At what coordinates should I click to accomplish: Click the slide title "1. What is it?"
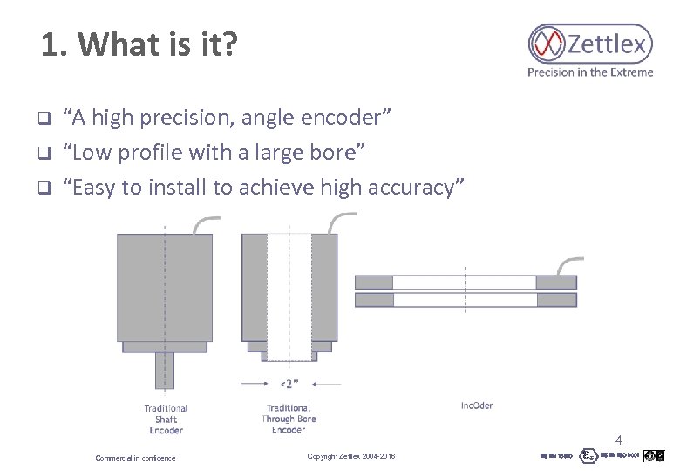click(x=139, y=45)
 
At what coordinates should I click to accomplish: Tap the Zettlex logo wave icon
click(x=547, y=44)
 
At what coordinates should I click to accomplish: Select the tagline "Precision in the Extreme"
click(x=589, y=72)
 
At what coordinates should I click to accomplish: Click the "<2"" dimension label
click(x=289, y=384)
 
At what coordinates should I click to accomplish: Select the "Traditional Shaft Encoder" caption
click(x=166, y=419)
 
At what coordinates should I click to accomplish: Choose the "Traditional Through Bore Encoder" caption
click(x=288, y=419)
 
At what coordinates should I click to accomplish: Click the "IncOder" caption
click(x=477, y=406)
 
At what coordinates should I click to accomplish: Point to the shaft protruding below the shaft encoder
click(x=165, y=370)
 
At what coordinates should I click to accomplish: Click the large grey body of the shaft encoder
click(x=165, y=287)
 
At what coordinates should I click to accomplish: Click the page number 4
click(x=619, y=440)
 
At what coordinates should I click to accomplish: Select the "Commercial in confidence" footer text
click(x=135, y=458)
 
